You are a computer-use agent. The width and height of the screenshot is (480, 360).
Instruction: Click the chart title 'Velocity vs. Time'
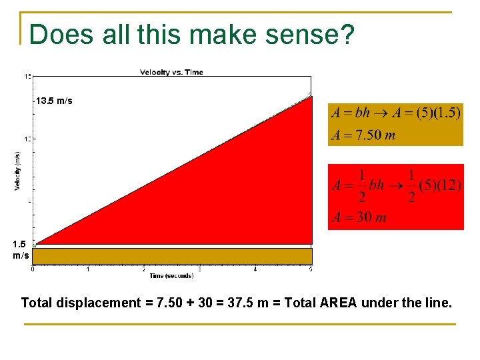(171, 72)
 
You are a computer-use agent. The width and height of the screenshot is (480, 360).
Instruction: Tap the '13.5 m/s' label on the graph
(55, 101)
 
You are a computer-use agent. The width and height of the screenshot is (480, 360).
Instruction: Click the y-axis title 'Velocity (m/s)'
(17, 171)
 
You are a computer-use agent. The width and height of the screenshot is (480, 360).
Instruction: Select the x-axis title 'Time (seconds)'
(171, 275)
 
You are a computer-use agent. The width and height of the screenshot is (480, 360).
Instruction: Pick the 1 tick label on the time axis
(89, 269)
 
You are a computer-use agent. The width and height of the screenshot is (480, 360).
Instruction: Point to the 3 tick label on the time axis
(200, 269)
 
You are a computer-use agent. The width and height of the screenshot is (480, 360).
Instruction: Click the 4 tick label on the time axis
(256, 269)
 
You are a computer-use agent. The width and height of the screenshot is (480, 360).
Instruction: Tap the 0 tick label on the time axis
(33, 269)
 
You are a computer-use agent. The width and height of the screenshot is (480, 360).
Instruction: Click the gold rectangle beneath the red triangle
(172, 255)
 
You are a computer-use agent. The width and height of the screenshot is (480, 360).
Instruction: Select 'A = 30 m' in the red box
(359, 217)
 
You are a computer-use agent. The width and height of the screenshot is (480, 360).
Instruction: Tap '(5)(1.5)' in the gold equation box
(438, 113)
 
